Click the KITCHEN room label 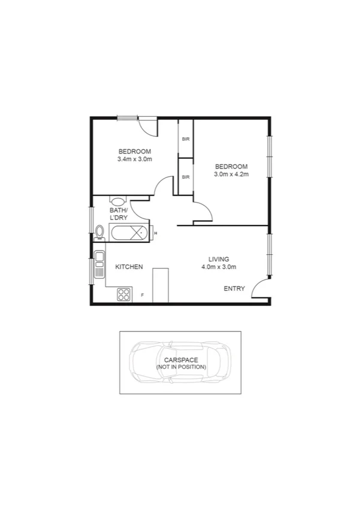(129, 267)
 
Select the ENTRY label (234, 289)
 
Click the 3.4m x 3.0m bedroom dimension (135, 159)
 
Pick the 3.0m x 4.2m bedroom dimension (231, 174)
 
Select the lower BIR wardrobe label (186, 177)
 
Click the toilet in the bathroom (99, 231)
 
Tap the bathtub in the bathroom (129, 233)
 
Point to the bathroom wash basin (118, 202)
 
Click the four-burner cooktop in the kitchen (124, 294)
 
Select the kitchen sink (98, 264)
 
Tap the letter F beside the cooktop (143, 295)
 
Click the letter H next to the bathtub (155, 233)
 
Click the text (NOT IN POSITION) (181, 366)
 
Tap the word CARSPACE (181, 360)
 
